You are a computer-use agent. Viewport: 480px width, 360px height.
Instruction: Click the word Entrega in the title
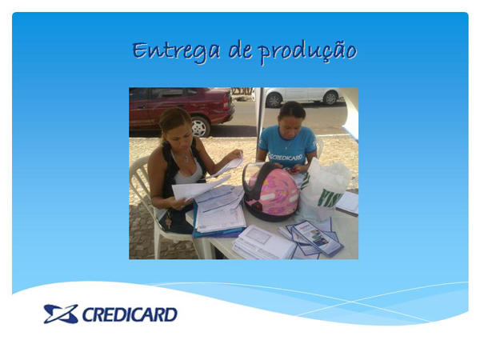pos(176,51)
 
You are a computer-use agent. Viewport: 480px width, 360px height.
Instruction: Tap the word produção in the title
pos(307,53)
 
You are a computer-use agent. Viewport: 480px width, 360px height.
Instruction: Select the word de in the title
pos(240,50)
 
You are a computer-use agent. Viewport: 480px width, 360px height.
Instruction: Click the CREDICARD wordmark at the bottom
pos(130,314)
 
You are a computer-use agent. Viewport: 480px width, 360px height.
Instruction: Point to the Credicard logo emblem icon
pos(61,314)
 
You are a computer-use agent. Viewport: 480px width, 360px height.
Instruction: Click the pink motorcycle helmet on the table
pos(270,191)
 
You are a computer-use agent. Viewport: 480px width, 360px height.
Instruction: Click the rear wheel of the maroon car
pos(200,126)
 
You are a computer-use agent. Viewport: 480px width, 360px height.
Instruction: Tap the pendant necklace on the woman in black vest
pos(186,159)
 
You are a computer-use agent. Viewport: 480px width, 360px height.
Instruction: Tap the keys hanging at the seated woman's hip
pos(168,220)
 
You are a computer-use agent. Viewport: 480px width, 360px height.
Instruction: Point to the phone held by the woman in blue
pos(292,170)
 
